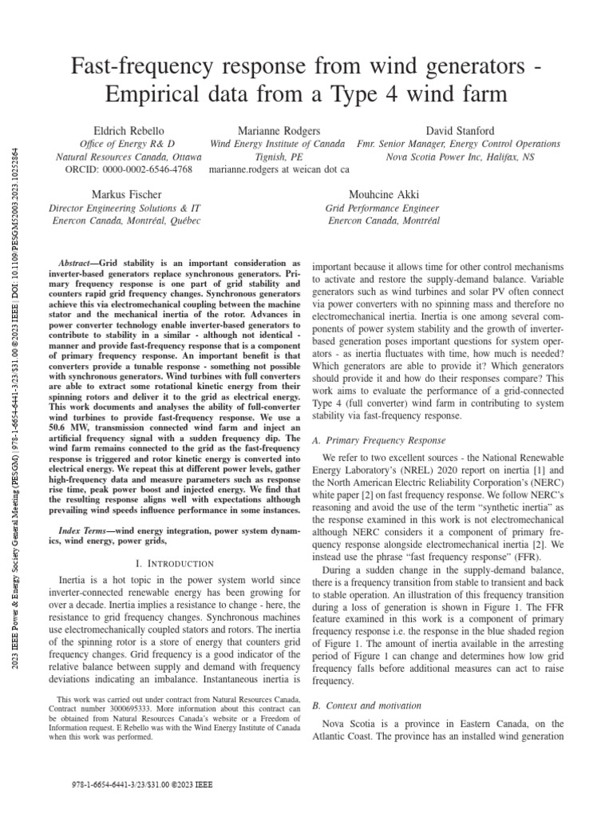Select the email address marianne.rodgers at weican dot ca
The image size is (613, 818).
pyautogui.click(x=279, y=169)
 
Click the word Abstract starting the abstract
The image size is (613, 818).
pyautogui.click(x=78, y=263)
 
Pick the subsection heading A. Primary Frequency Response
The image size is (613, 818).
pyautogui.click(x=373, y=440)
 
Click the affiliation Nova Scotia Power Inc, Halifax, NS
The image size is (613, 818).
pyautogui.click(x=460, y=157)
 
